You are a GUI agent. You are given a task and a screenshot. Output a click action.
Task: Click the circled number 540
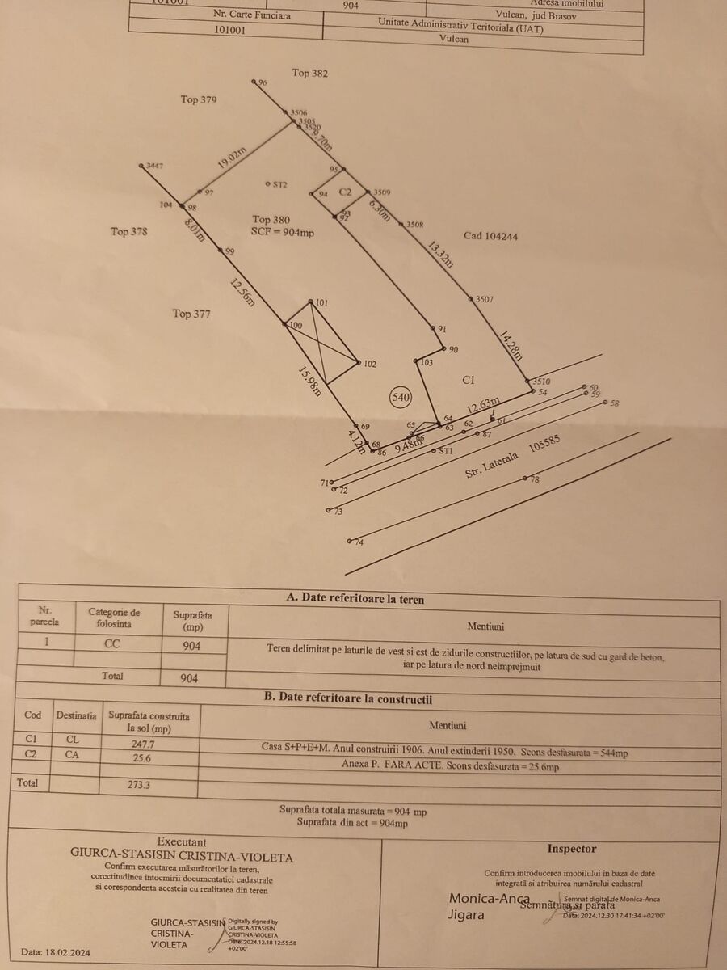click(x=401, y=397)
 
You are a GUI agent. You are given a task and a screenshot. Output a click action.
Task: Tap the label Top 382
click(x=310, y=73)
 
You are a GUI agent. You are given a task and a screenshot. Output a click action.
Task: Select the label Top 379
click(x=199, y=99)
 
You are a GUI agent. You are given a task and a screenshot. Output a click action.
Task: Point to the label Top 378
click(x=129, y=232)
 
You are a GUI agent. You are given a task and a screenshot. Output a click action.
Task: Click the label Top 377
click(x=191, y=314)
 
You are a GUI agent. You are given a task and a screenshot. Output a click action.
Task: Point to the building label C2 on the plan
click(x=345, y=192)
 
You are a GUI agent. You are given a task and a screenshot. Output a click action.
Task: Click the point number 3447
click(x=154, y=166)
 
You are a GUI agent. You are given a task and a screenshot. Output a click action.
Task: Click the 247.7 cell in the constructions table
click(x=142, y=742)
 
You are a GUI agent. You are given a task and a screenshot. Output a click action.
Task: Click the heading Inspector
click(x=572, y=849)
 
